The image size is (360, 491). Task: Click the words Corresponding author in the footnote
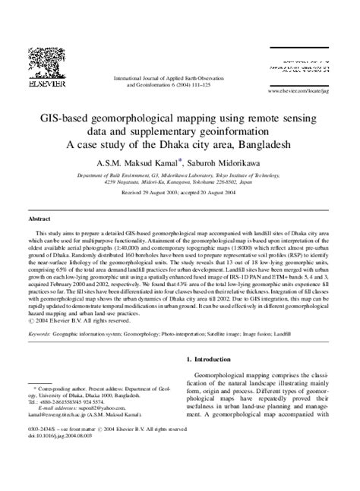(x=65, y=407)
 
